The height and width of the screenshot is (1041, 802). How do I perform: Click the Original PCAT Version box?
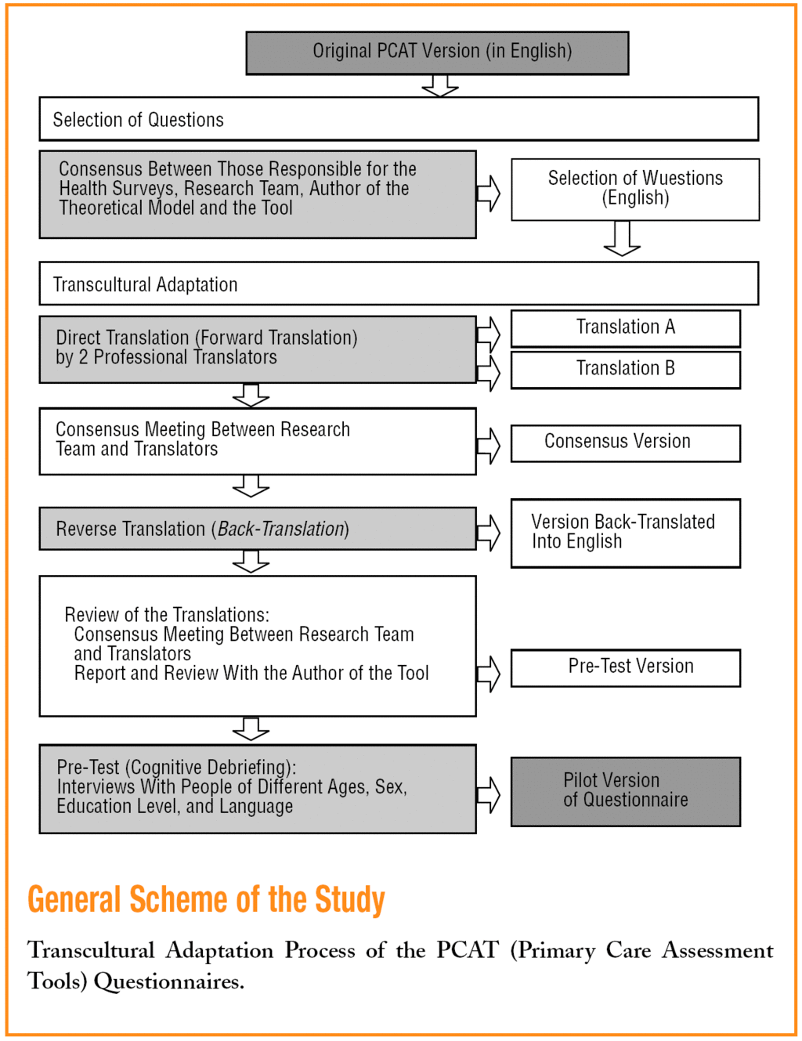coord(437,52)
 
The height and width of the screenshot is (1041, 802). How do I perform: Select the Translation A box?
coord(625,327)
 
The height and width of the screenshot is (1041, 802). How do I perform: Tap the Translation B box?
coord(625,369)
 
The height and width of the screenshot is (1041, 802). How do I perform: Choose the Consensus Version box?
coord(625,443)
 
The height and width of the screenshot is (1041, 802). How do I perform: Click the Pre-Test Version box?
coord(625,667)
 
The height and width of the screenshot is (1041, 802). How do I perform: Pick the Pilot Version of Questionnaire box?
coord(625,791)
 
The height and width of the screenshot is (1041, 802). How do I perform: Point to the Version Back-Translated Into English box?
coord(625,533)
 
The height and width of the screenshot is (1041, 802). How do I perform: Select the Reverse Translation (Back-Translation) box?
coord(257,529)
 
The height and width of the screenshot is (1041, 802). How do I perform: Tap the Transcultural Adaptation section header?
coord(146,284)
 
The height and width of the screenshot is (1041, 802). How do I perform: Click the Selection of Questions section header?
coord(139,120)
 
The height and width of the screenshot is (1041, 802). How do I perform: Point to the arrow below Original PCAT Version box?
coord(440,85)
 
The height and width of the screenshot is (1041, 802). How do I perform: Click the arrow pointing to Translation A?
coord(489,334)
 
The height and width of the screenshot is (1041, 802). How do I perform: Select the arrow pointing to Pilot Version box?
coord(489,794)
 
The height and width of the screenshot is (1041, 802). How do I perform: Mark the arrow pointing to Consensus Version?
coord(489,445)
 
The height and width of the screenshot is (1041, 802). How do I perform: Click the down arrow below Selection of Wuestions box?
coord(622,238)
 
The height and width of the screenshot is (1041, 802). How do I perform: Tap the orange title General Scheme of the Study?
coord(206,899)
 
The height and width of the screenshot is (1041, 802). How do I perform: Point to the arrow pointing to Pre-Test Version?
coord(489,673)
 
